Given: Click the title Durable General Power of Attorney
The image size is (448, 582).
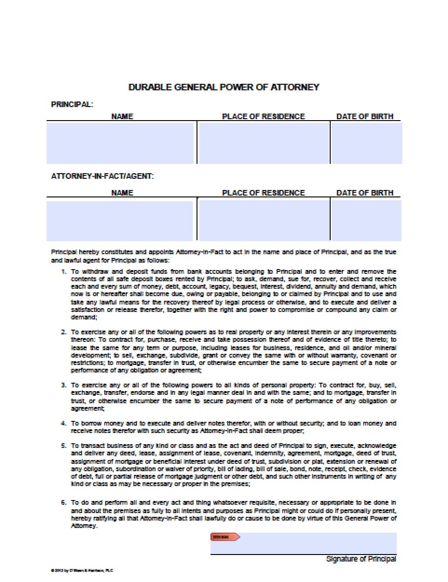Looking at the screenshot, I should [x=224, y=87].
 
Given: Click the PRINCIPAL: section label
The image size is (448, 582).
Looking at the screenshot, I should [x=72, y=104].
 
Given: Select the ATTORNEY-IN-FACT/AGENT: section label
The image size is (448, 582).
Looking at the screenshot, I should [x=102, y=176].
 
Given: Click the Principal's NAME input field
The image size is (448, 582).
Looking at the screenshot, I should [x=120, y=142].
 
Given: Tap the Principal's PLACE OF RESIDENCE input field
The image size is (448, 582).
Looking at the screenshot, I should [x=263, y=142].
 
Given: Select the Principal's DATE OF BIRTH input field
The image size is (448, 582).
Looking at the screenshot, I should [x=366, y=142].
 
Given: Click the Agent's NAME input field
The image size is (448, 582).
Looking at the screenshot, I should [x=120, y=220].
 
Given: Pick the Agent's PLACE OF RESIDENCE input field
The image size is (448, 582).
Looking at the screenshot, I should [x=263, y=220].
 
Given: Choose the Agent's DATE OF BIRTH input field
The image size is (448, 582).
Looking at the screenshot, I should [x=366, y=220].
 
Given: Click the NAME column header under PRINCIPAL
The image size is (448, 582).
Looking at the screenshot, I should [x=122, y=116].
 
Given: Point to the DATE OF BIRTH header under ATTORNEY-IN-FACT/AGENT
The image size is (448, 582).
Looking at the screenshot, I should [x=365, y=193].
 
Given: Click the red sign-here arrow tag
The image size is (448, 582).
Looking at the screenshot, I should [x=225, y=537].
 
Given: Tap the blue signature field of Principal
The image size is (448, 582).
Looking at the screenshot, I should [x=317, y=544].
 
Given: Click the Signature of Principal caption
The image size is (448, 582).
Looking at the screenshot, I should [x=361, y=559].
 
